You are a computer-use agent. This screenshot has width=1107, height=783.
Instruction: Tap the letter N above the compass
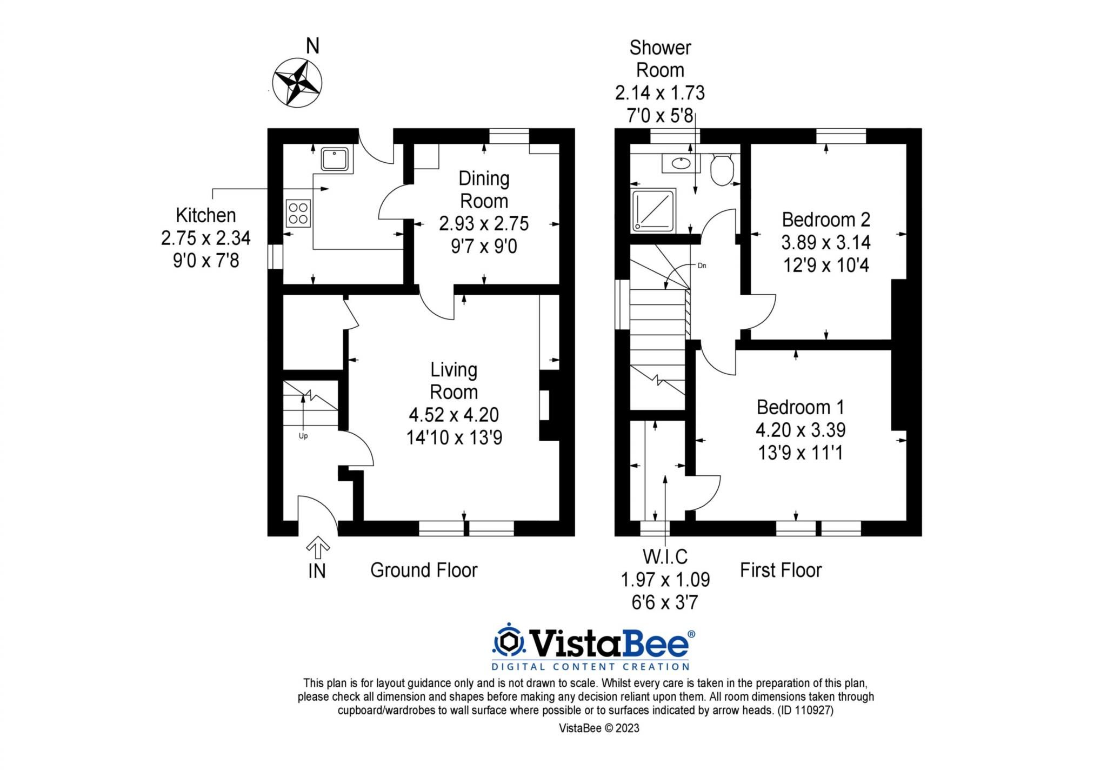[x=312, y=47]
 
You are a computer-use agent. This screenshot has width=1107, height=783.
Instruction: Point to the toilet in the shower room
[x=722, y=169]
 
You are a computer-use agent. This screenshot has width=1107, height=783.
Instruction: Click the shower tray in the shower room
[x=654, y=210]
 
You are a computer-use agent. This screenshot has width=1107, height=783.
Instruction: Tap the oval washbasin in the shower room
[x=680, y=162]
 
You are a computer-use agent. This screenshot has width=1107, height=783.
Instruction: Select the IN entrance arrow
[x=318, y=548]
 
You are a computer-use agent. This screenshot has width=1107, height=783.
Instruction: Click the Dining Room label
[x=484, y=189]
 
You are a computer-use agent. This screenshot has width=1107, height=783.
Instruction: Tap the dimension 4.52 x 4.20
[x=454, y=415]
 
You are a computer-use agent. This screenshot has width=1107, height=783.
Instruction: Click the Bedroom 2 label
[x=826, y=220]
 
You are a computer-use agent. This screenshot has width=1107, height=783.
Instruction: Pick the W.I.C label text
[x=665, y=556]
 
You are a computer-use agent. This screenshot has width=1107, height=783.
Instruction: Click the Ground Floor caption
[x=424, y=570]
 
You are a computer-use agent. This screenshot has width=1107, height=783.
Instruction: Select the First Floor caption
[x=781, y=570]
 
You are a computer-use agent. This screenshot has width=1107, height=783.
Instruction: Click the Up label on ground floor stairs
[x=303, y=436]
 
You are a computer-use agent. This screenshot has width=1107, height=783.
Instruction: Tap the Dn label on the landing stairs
[x=702, y=266]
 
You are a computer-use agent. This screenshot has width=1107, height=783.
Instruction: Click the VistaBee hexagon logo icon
[x=509, y=642]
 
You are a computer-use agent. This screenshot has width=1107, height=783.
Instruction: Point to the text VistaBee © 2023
[x=599, y=728]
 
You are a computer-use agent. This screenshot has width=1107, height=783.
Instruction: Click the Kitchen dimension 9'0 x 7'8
[x=206, y=261]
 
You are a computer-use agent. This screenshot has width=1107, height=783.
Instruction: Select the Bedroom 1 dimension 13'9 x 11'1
[x=801, y=453]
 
